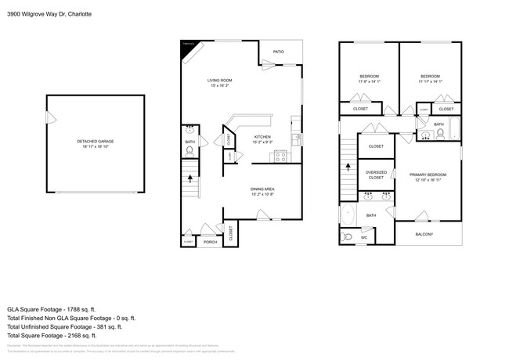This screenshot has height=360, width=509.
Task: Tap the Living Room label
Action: tap(219, 80)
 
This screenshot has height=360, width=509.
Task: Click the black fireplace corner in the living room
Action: tap(188, 45)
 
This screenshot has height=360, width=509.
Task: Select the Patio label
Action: tap(278, 52)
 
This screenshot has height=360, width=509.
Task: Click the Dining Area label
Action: tap(262, 189)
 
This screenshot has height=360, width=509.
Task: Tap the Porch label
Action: tap(210, 242)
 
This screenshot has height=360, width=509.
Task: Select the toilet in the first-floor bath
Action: tap(190, 153)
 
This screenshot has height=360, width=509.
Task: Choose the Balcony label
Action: tap(423, 234)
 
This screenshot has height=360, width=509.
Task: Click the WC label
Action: tap(363, 237)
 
